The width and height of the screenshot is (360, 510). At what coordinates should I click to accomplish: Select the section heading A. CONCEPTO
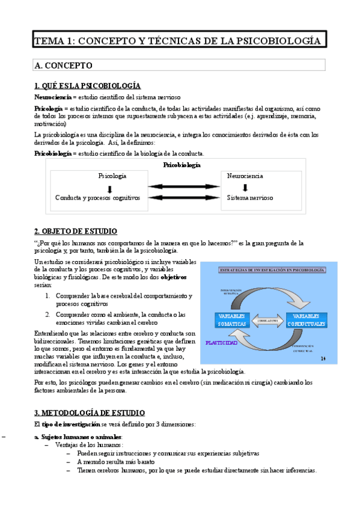(x=63, y=65)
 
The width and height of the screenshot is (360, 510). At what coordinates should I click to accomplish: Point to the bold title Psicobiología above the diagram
(x=182, y=165)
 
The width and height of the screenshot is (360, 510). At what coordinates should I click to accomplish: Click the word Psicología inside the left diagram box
(x=112, y=176)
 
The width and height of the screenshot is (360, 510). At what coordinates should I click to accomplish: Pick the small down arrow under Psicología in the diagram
(x=109, y=187)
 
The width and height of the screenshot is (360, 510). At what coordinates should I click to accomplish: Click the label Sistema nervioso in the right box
(x=250, y=197)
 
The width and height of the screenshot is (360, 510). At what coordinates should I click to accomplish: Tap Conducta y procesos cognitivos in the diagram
(x=97, y=197)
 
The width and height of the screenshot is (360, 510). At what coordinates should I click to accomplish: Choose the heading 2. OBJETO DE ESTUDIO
(x=76, y=231)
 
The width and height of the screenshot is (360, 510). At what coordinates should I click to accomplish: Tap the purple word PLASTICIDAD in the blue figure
(x=222, y=343)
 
